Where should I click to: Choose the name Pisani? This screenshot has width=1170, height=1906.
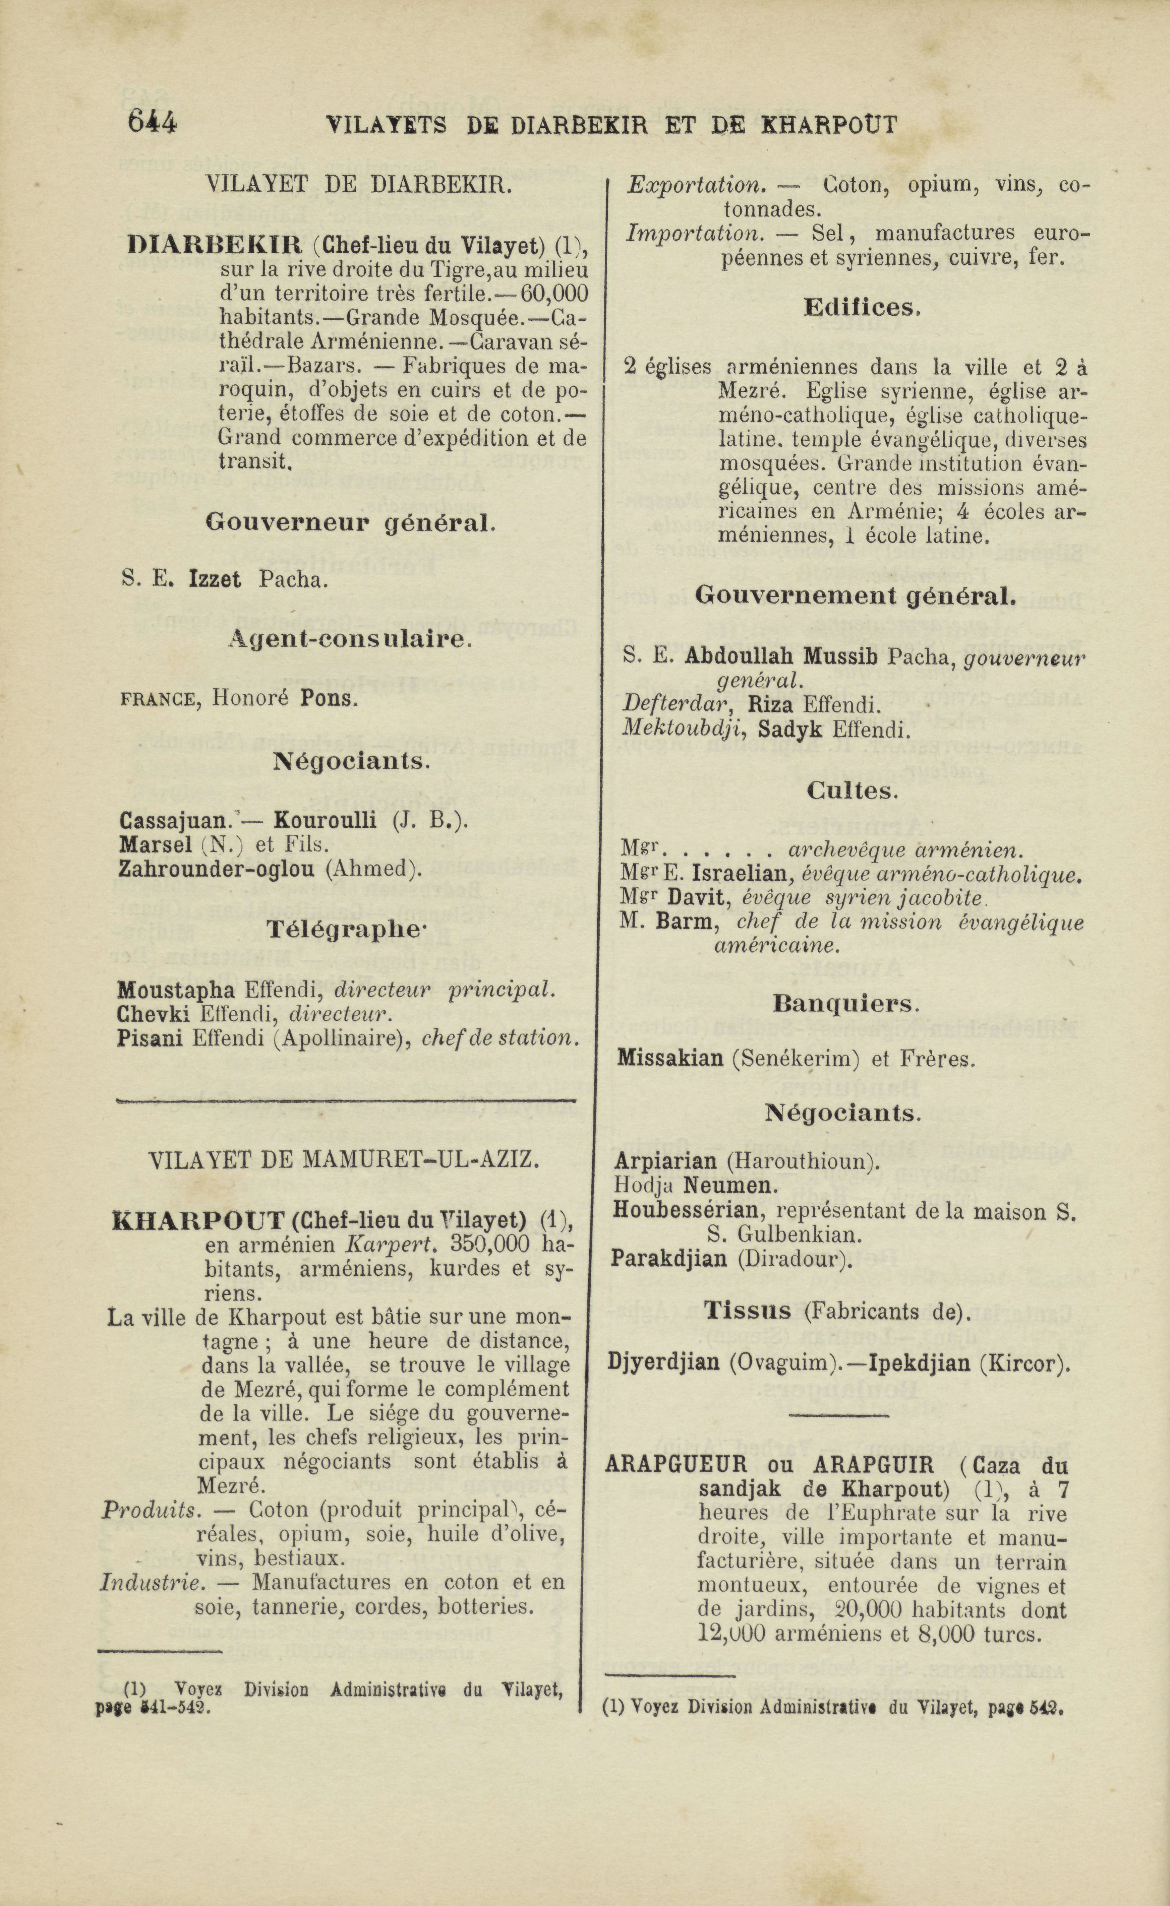(x=149, y=1037)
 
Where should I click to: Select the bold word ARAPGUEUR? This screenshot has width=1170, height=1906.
(x=677, y=1465)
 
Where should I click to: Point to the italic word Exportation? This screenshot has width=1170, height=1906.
(x=694, y=185)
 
